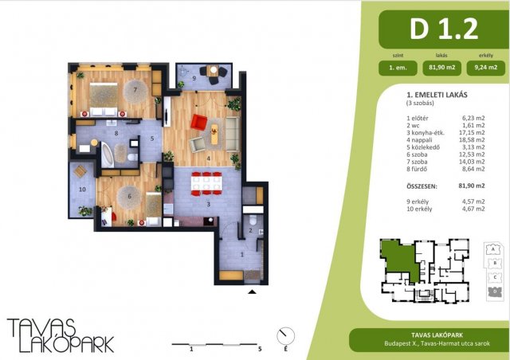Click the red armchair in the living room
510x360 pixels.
[x=199, y=122]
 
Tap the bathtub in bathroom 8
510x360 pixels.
[x=108, y=155]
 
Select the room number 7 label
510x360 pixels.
[x=135, y=90]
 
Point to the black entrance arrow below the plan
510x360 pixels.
[x=252, y=292]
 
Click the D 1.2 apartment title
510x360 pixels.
[x=444, y=29]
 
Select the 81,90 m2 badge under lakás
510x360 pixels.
[x=442, y=68]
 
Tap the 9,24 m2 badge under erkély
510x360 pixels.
[x=486, y=68]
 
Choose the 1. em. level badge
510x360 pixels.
[x=398, y=68]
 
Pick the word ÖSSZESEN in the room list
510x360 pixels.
[x=422, y=186]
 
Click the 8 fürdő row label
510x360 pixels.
[x=417, y=169]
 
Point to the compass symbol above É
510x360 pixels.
[x=285, y=336]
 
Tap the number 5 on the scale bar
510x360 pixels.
[x=260, y=350]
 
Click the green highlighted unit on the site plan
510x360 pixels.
[x=399, y=259]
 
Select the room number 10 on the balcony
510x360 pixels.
[x=82, y=190]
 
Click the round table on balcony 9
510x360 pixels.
[x=214, y=69]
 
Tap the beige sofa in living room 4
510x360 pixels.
[x=232, y=135]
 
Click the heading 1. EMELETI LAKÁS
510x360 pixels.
[x=437, y=95]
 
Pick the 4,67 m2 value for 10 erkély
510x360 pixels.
[x=473, y=209]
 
